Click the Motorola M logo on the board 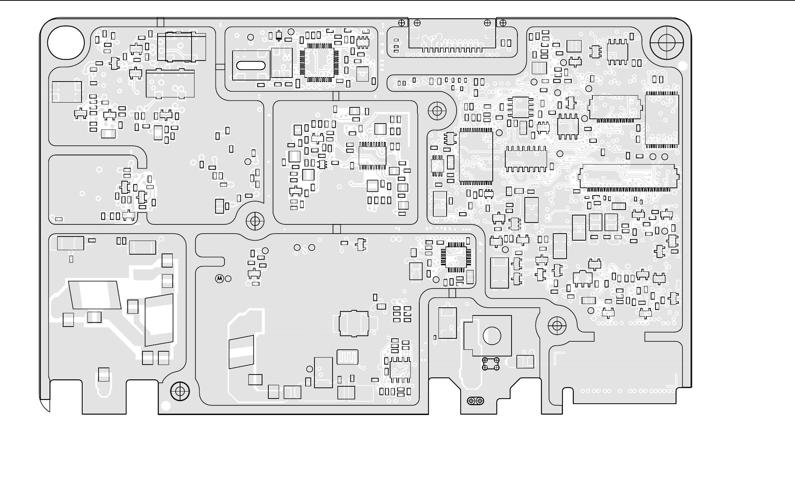[219, 279]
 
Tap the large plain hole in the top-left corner [66, 42]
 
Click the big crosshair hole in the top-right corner [667, 42]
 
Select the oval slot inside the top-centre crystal [251, 66]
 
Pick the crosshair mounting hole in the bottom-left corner [180, 391]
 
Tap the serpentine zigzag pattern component [347, 357]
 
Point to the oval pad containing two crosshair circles [476, 401]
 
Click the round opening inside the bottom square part [492, 336]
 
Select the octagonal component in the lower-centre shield [354, 324]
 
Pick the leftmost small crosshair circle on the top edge [402, 23]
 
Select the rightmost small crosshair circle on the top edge [503, 23]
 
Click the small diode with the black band [279, 35]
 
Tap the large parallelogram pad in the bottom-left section [95, 295]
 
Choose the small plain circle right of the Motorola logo [228, 279]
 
